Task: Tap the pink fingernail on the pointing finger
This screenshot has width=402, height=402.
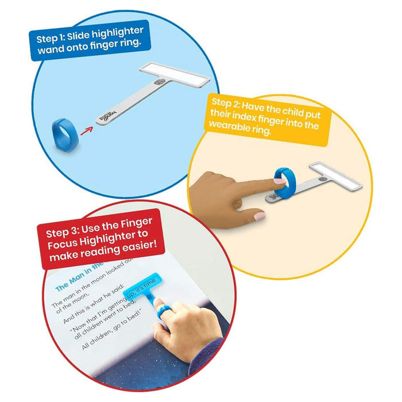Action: point(259,215)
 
